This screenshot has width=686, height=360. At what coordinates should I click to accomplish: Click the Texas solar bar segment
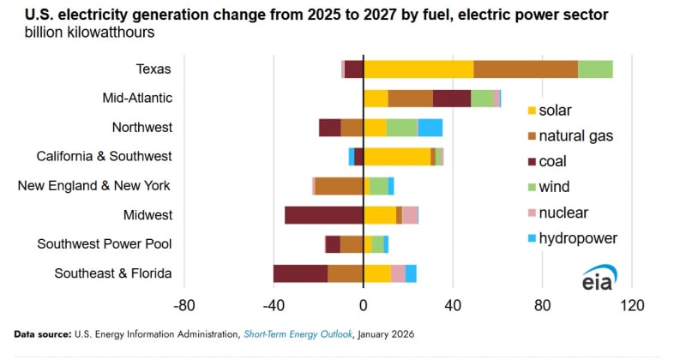point(418,69)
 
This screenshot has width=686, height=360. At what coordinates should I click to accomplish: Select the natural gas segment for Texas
point(526,69)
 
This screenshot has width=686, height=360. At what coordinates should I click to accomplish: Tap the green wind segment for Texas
point(595,69)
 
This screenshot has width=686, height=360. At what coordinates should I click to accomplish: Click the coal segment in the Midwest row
point(324,215)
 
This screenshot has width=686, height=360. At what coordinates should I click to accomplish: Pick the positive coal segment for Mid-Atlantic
point(452,99)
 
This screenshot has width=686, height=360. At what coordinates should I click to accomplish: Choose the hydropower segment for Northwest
point(430,128)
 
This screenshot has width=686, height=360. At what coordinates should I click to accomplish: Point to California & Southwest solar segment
point(397,157)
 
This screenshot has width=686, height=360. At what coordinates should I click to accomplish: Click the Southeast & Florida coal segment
point(300,273)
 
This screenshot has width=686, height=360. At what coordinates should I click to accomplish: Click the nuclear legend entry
point(557,213)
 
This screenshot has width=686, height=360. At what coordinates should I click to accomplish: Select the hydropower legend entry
point(571,238)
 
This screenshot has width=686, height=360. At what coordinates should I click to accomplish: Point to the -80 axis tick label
point(184,305)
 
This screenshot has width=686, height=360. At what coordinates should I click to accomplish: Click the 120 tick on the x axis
point(632,305)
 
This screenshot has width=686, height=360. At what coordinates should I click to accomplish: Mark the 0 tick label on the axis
point(364,305)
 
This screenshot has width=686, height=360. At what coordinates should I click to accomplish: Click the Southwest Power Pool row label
point(105,244)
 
